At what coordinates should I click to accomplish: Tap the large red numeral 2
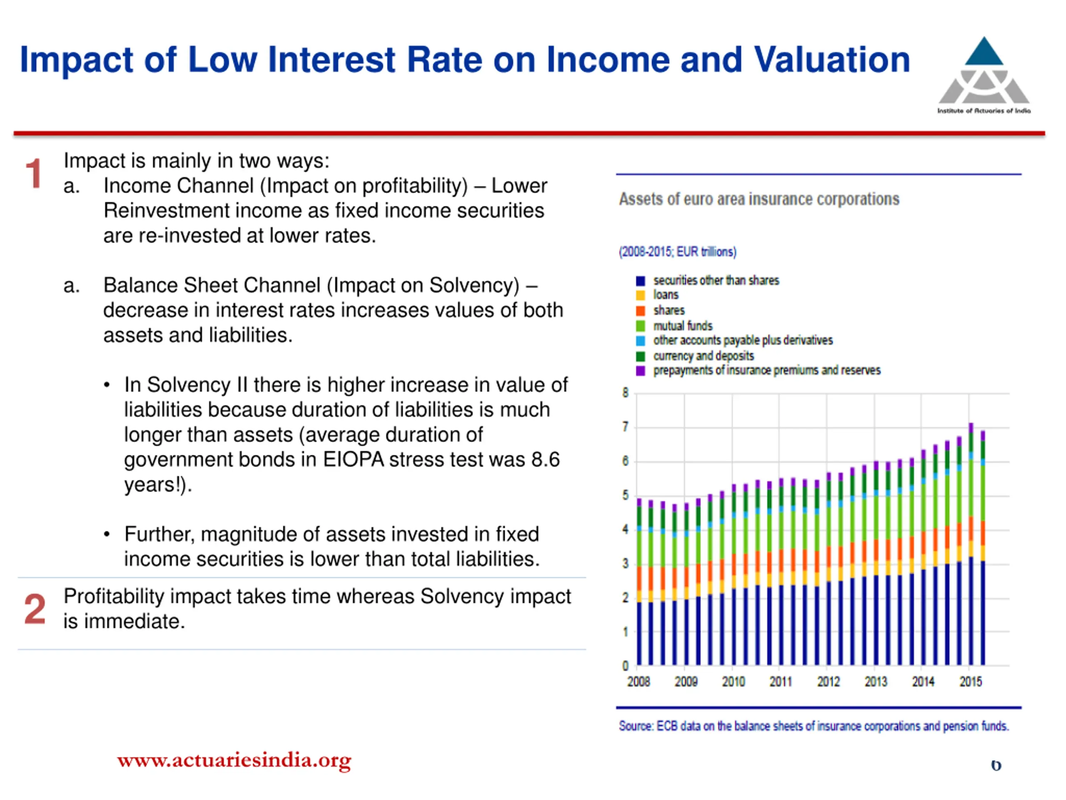(x=35, y=609)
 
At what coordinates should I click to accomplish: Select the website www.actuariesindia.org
(x=234, y=760)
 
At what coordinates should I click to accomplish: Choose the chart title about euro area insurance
(x=759, y=199)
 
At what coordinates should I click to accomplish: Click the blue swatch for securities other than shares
(x=640, y=281)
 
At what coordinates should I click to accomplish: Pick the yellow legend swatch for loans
(x=640, y=295)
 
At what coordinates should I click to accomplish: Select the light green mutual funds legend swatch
(x=640, y=326)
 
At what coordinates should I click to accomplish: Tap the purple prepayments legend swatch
(x=640, y=370)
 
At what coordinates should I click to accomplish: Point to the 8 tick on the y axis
(x=625, y=393)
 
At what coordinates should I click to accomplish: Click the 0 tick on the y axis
(x=625, y=666)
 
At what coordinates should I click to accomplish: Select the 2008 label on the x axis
(x=638, y=681)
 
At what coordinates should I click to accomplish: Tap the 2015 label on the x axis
(x=971, y=681)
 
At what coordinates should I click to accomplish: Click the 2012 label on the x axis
(x=828, y=681)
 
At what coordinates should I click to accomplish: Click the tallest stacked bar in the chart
(x=971, y=544)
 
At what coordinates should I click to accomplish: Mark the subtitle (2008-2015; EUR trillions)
(x=677, y=252)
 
